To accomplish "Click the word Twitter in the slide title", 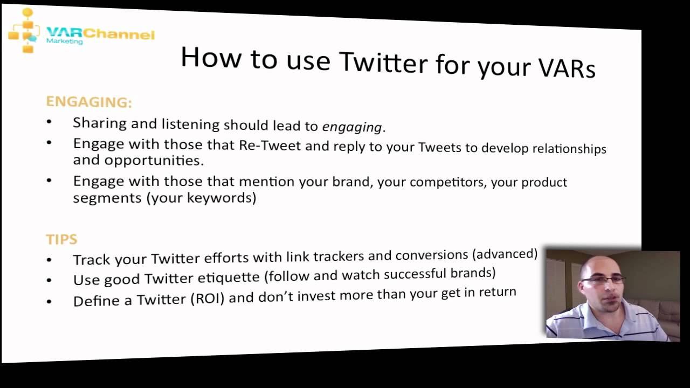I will pyautogui.click(x=383, y=63).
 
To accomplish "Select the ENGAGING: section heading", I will pyautogui.click(x=89, y=102).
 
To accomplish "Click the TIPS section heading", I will pyautogui.click(x=61, y=239).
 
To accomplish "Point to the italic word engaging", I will pyautogui.click(x=352, y=127).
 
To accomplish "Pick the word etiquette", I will pyautogui.click(x=227, y=278).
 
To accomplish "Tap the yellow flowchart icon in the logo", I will pyautogui.click(x=25, y=30).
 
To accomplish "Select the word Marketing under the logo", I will pyautogui.click(x=65, y=41).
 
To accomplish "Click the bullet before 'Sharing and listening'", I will pyautogui.click(x=49, y=122).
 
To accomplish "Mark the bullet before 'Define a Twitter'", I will pyautogui.click(x=49, y=301).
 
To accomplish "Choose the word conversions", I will pyautogui.click(x=432, y=255).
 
